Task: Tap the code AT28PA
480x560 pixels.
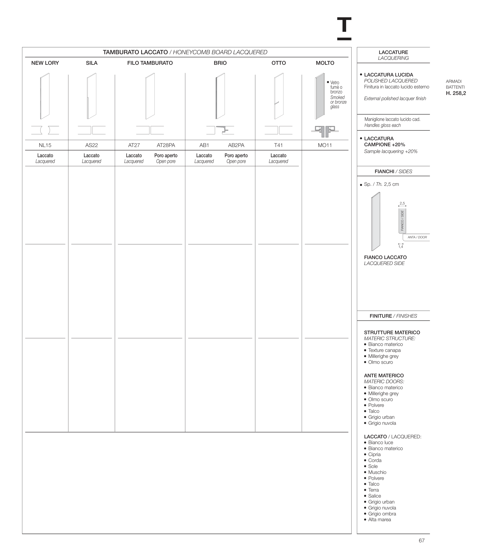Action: pyautogui.click(x=166, y=145)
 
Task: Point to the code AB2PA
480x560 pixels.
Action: pyautogui.click(x=236, y=145)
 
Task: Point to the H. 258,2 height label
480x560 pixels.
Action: pyautogui.click(x=456, y=93)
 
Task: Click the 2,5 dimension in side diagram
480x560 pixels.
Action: pyautogui.click(x=402, y=203)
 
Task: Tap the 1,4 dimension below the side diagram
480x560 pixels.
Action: pyautogui.click(x=400, y=247)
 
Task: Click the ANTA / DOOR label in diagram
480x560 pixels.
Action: pyautogui.click(x=417, y=237)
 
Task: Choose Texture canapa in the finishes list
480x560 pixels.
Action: pyautogui.click(x=384, y=350)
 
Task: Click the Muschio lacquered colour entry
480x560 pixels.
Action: pyautogui.click(x=377, y=472)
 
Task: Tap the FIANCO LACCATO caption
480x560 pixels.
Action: pyautogui.click(x=385, y=257)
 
